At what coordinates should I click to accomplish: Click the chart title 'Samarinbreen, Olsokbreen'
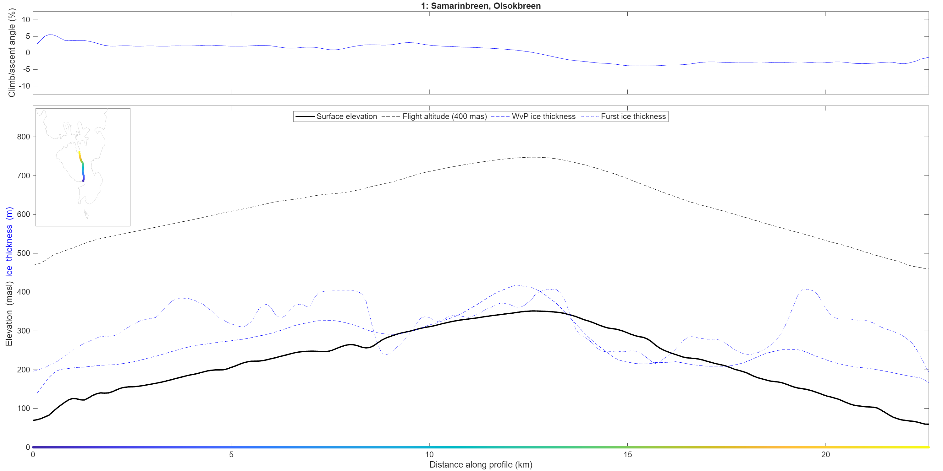pos(485,6)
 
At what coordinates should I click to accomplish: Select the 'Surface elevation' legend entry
pos(336,116)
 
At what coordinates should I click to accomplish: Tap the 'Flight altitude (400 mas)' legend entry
pos(434,116)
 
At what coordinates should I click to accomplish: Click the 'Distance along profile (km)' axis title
pos(481,464)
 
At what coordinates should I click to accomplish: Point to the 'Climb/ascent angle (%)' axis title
pos(12,53)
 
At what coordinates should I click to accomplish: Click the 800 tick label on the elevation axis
pos(24,137)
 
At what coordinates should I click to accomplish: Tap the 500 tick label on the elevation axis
pos(24,253)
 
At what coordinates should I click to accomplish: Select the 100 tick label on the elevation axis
pos(24,409)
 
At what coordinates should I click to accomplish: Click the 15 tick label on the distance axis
pos(627,455)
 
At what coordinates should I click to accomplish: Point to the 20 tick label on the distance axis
pos(825,455)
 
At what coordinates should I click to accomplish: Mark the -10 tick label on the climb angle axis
pos(24,86)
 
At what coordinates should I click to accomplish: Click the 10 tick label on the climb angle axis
pos(26,20)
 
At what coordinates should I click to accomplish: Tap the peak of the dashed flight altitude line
pos(534,157)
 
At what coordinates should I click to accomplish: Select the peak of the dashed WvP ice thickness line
pos(516,285)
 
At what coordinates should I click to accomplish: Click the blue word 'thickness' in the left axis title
pos(9,243)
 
